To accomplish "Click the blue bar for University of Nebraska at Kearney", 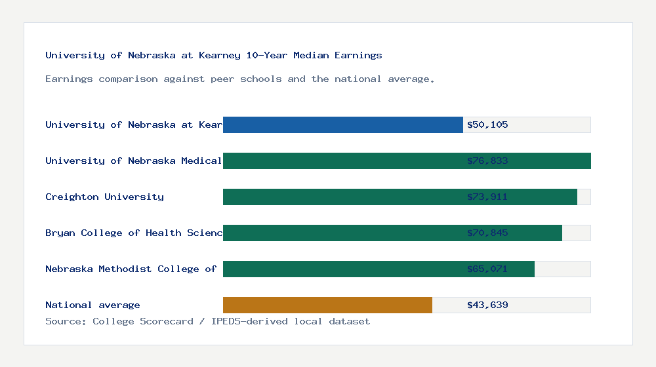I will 342,125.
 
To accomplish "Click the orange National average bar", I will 327,305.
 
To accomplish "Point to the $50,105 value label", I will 487,125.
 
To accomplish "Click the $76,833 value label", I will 487,161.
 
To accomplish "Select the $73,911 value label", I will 487,197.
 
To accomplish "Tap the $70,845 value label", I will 487,233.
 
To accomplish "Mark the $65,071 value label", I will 487,269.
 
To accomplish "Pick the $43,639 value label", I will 487,305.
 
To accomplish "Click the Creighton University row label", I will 104,197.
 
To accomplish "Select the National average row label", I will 92,305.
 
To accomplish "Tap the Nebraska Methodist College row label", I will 131,269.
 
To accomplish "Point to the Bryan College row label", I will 134,233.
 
